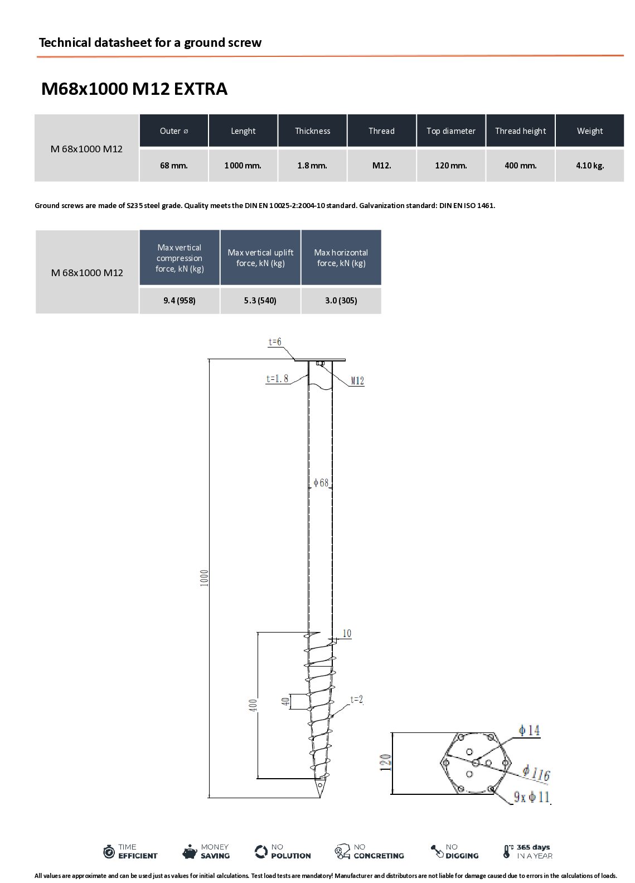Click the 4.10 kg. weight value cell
589,166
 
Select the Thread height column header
520,131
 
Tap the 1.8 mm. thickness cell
312,166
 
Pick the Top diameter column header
450,131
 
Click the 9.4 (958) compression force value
179,301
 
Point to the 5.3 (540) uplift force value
260,301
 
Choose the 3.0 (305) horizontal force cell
341,301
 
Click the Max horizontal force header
341,257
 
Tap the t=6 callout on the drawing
275,342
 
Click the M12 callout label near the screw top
357,381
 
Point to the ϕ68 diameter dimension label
321,483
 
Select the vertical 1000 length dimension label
204,578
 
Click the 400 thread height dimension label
253,705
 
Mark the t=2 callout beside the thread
356,699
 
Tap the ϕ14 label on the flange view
529,731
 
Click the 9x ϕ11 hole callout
531,797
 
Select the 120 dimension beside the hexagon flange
385,763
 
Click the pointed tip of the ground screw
320,797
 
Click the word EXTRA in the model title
201,89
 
